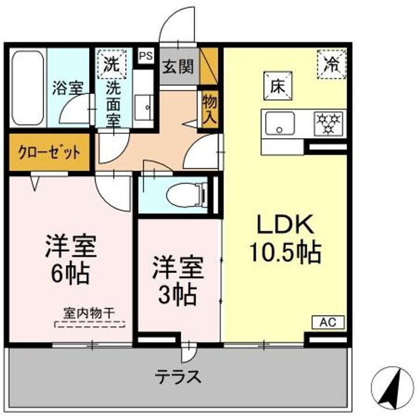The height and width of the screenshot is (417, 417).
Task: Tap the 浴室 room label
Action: pyautogui.click(x=68, y=88)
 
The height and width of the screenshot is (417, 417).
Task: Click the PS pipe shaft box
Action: pyautogui.click(x=145, y=56)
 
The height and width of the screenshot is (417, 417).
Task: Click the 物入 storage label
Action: pyautogui.click(x=209, y=109)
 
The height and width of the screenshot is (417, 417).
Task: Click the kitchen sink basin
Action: pyautogui.click(x=279, y=123)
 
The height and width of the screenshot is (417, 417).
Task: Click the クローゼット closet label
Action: pyautogui.click(x=49, y=153)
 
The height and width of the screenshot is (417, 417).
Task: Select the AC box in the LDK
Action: pyautogui.click(x=328, y=322)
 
